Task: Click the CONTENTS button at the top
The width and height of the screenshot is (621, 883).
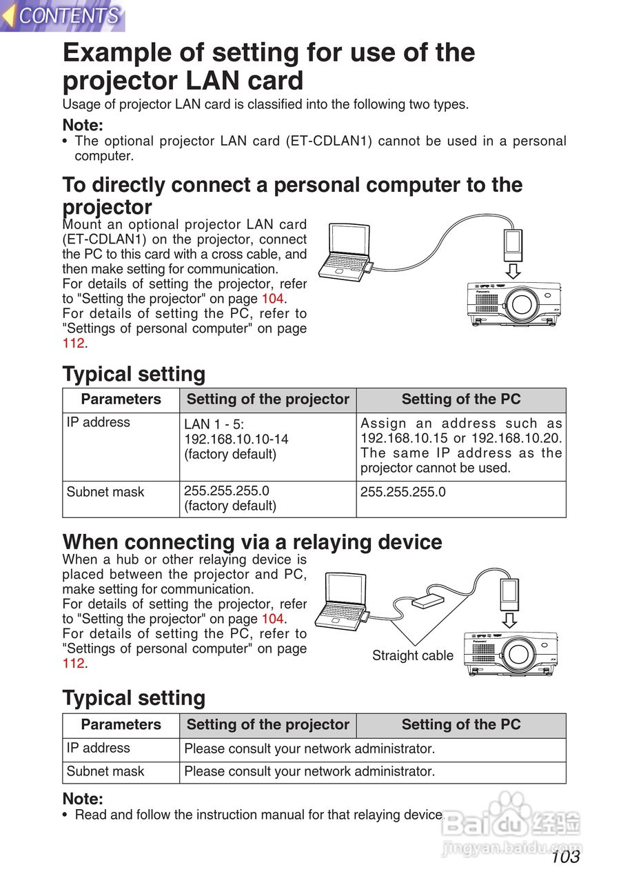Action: coord(63,16)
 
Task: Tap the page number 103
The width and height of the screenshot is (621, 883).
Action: coord(565,856)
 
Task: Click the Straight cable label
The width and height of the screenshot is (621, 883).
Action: coord(412,655)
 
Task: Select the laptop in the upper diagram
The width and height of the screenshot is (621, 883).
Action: coord(350,254)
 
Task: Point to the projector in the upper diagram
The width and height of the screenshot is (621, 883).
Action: coord(513,304)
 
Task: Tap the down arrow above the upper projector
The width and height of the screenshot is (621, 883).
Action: coord(512,270)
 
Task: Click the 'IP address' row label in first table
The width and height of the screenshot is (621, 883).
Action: coord(99,422)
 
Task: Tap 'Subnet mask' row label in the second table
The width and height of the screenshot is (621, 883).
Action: coord(105,771)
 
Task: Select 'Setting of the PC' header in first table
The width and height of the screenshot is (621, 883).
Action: coord(460,399)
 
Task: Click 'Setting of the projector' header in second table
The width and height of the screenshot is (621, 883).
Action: coord(267,725)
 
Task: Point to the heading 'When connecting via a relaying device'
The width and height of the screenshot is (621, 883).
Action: coord(252,542)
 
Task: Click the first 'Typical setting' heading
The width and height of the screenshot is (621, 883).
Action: coord(134,374)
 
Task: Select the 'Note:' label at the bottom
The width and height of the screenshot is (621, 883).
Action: coord(83,799)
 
